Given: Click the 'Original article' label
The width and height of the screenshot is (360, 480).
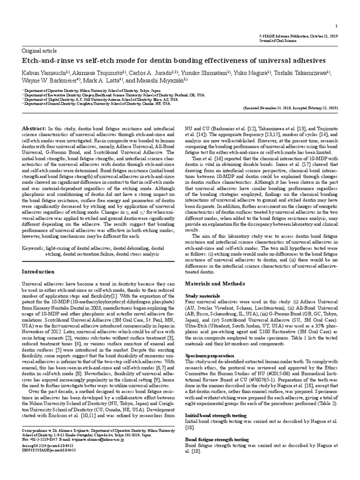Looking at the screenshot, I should [x=37, y=50].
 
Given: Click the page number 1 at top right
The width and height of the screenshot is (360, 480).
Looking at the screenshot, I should [x=337, y=26].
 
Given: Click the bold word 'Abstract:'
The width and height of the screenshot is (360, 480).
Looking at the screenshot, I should [x=34, y=128].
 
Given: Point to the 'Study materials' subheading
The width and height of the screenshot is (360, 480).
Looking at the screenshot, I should [x=202, y=296].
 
